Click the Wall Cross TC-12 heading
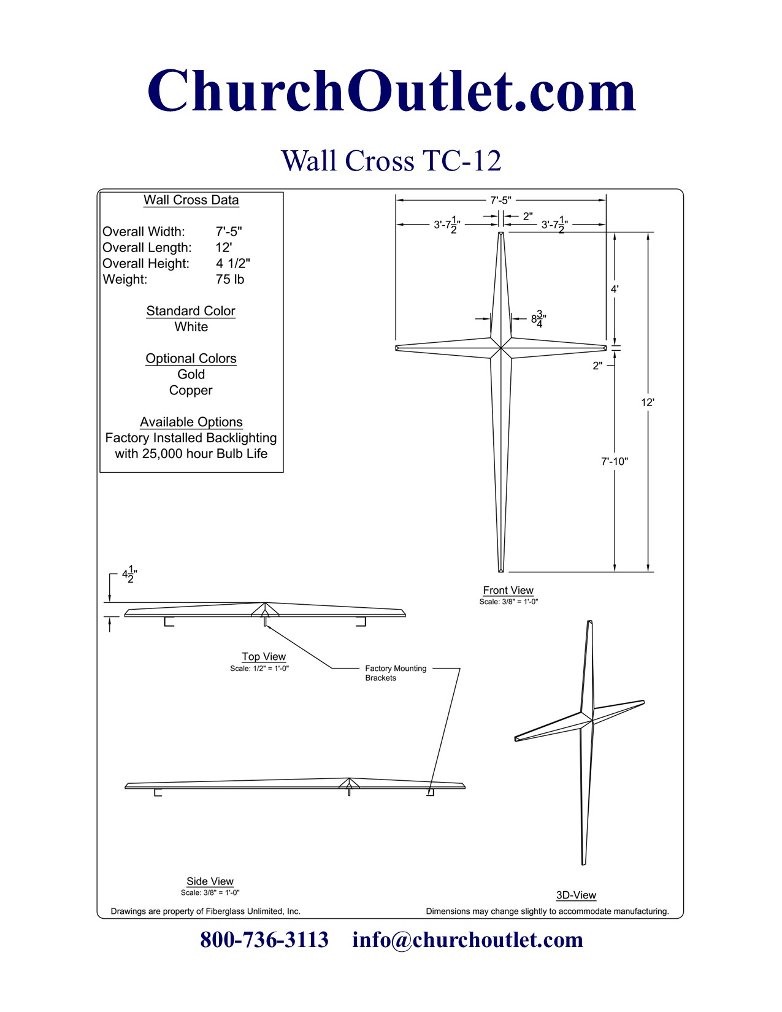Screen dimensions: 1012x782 [391, 161]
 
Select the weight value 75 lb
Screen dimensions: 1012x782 [230, 280]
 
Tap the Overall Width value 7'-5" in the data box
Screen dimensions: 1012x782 [229, 232]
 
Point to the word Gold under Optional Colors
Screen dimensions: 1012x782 [191, 374]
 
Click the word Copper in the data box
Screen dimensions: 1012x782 [191, 390]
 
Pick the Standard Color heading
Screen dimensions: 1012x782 [191, 311]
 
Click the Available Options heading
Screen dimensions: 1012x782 [191, 422]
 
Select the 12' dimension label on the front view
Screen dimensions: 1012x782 [648, 402]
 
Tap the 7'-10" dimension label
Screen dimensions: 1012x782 [614, 461]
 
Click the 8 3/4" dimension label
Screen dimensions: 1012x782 [539, 319]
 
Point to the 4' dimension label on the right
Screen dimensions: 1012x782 [615, 289]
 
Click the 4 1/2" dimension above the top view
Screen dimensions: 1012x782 [129, 575]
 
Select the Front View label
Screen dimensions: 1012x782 [508, 590]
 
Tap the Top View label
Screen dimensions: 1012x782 [264, 656]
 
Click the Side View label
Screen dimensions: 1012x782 [210, 881]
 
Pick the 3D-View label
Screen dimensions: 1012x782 [576, 895]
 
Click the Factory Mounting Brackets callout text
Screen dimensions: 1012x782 [395, 673]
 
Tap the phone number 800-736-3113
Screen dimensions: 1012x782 [264, 940]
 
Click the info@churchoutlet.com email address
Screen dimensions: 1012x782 [467, 940]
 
